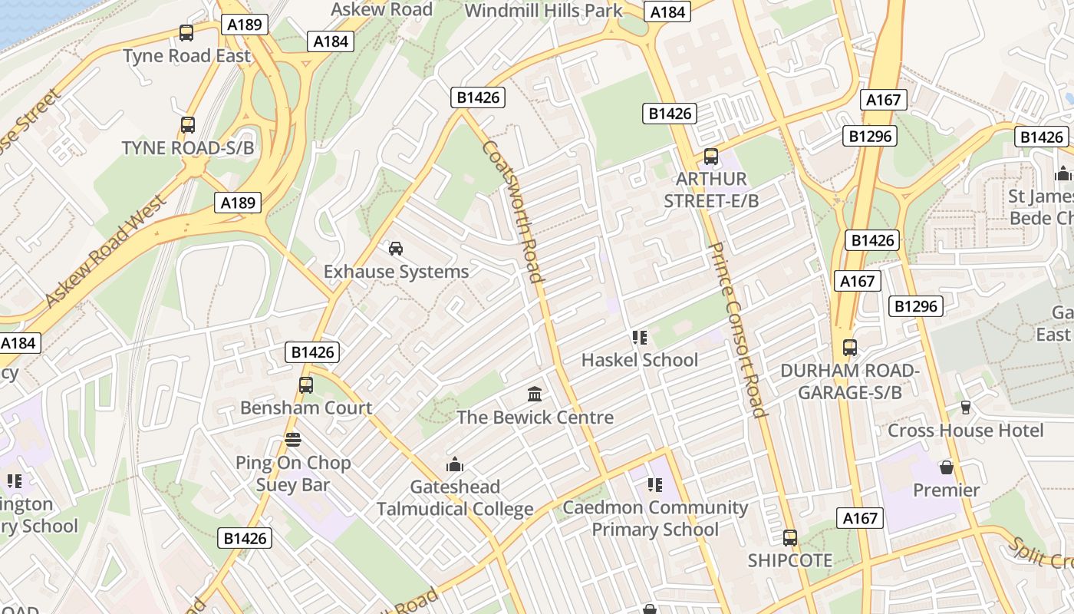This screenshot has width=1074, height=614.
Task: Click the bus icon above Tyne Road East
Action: [186, 33]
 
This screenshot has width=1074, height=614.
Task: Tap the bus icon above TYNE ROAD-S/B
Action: [187, 124]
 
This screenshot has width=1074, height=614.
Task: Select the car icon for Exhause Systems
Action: [396, 248]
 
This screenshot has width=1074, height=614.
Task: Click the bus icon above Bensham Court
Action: [306, 385]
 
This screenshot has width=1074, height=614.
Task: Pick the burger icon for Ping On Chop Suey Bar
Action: [292, 440]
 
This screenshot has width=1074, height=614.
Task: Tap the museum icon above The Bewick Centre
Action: [535, 394]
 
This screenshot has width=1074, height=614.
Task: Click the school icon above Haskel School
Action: [639, 337]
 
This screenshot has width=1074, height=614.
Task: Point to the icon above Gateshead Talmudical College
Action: [455, 464]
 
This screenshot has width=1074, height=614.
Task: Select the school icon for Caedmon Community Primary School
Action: [654, 484]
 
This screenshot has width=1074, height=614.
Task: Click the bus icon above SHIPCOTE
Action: [790, 538]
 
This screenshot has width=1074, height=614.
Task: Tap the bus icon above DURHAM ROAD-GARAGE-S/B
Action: [849, 348]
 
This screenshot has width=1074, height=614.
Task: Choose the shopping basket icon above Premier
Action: [947, 467]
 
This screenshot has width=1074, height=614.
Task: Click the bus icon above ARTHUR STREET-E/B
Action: [711, 157]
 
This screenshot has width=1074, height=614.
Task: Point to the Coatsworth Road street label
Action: [513, 212]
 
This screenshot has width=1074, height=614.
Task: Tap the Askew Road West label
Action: [106, 251]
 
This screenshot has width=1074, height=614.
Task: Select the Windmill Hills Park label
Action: [544, 11]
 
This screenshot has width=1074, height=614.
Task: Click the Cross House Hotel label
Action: [965, 431]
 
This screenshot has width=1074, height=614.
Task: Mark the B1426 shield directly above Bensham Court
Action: [311, 352]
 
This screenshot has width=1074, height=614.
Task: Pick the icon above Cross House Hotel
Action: [965, 407]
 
